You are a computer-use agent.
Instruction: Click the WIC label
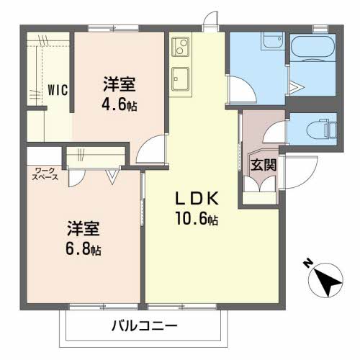tap(58, 90)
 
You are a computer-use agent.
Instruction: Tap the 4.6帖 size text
tap(120, 105)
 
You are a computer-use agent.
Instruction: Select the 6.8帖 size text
tap(83, 249)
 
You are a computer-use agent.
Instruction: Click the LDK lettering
tap(197, 199)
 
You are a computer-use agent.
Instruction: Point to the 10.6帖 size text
tap(197, 218)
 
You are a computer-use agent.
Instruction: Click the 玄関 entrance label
tap(264, 165)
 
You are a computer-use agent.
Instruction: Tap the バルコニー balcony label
tap(144, 326)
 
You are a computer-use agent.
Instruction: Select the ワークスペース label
tap(45, 174)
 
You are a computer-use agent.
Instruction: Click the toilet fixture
tap(322, 128)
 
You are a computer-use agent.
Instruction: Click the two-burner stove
tap(181, 47)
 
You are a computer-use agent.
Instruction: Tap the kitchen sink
tap(181, 79)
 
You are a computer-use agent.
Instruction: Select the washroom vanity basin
tap(273, 40)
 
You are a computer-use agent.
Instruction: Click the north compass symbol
tap(325, 280)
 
